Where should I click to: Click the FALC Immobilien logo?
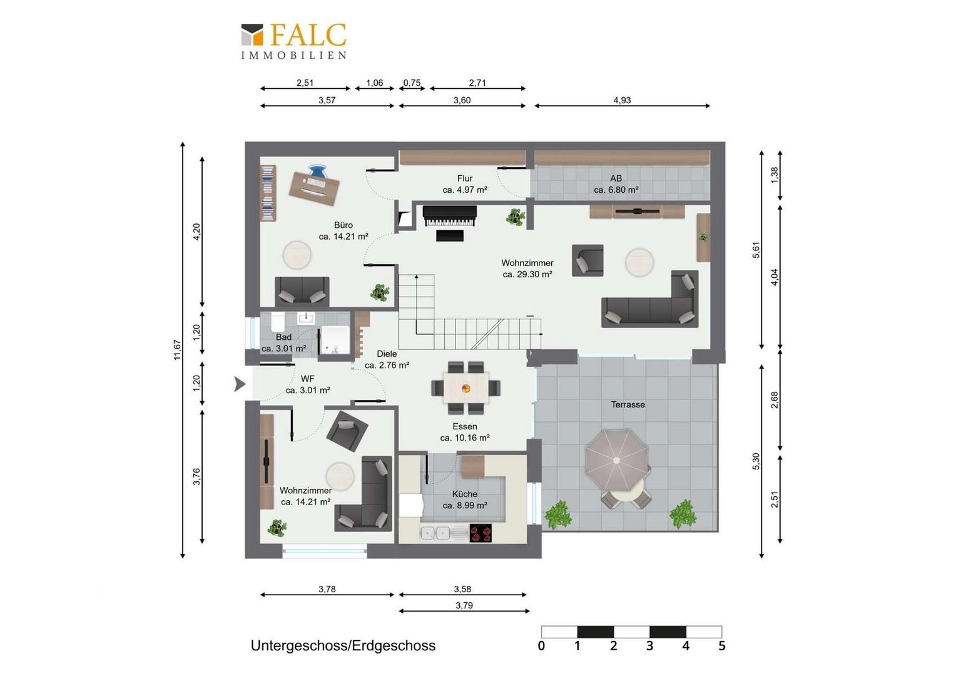(294, 41)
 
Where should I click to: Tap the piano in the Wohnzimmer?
(449, 217)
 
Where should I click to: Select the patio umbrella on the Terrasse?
(617, 460)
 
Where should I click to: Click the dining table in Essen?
(466, 387)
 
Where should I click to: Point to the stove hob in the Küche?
(481, 533)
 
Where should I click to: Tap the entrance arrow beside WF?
(240, 384)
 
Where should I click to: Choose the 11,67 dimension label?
(178, 350)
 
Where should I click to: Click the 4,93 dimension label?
(622, 100)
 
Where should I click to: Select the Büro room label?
(343, 225)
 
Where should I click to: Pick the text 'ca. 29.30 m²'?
(527, 274)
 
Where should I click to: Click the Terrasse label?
(628, 404)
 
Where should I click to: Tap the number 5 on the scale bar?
(722, 645)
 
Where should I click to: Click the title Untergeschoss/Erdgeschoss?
(343, 645)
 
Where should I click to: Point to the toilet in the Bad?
(277, 321)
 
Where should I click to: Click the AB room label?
(616, 178)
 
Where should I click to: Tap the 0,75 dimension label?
(412, 83)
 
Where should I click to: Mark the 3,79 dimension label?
(464, 605)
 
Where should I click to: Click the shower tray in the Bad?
(335, 340)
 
